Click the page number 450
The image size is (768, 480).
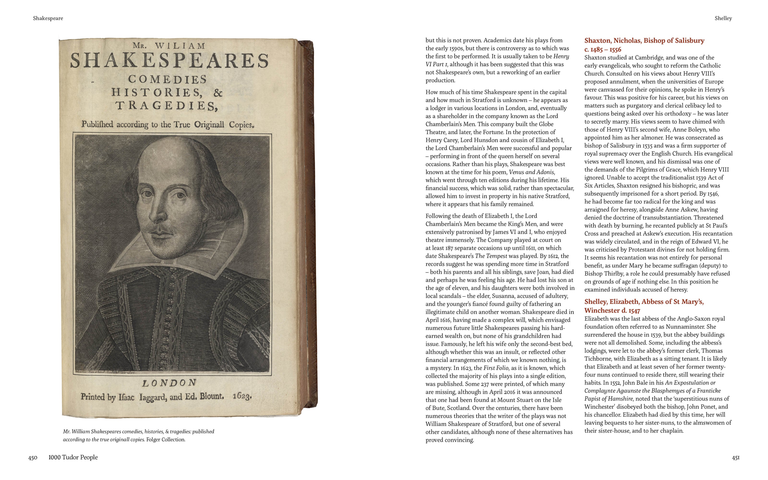(x=33, y=457)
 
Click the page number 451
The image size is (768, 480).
(x=736, y=457)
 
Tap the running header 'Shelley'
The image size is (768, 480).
(x=723, y=18)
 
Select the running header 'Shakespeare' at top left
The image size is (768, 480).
(x=48, y=18)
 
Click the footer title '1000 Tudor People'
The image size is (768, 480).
(x=73, y=457)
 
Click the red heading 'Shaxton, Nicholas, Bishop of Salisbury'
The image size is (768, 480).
(x=644, y=41)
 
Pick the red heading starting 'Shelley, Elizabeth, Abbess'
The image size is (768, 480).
(x=644, y=302)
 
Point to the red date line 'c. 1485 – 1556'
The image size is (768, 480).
(x=603, y=49)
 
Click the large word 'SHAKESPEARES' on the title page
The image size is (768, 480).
(x=169, y=61)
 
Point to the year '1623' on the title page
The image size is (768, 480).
(x=242, y=396)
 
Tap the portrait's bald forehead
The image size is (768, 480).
(x=165, y=159)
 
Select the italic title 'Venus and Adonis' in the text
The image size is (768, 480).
(x=532, y=172)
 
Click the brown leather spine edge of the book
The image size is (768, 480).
(x=309, y=222)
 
